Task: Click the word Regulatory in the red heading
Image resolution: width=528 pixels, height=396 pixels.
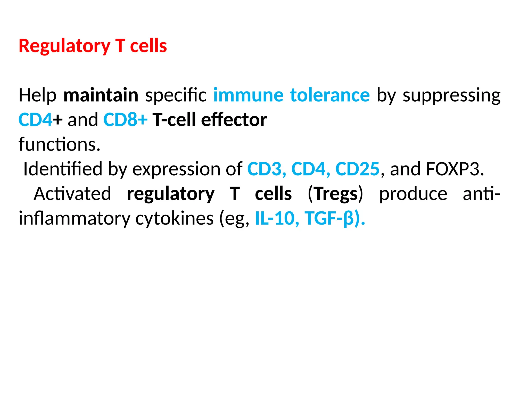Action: tap(64, 46)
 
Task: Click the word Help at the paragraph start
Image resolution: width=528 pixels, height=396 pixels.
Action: tap(38, 95)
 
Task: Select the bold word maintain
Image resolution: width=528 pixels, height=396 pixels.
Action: tap(101, 95)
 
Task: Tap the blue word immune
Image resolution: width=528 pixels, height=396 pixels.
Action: tap(248, 95)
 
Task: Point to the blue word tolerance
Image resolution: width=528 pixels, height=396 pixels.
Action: tap(330, 95)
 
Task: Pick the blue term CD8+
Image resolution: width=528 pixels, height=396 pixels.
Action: tap(125, 120)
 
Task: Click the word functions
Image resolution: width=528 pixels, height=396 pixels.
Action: tap(59, 144)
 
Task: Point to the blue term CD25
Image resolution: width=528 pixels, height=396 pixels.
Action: tap(357, 169)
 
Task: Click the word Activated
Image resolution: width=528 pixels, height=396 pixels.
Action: tap(72, 194)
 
